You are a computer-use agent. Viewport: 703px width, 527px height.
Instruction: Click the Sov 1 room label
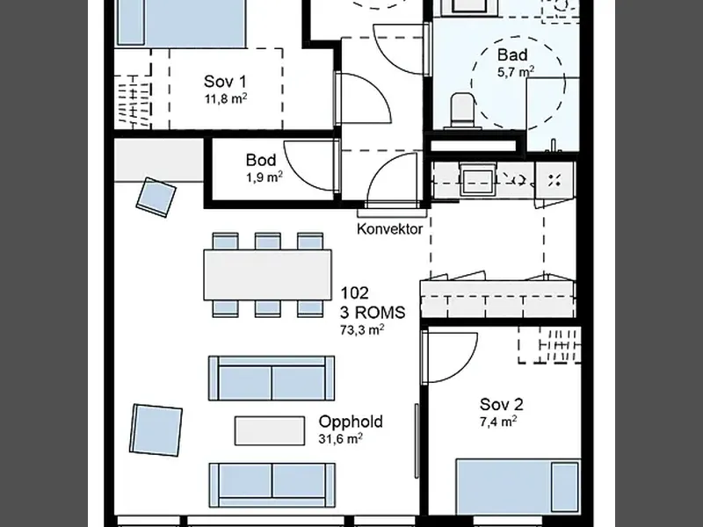click(x=225, y=82)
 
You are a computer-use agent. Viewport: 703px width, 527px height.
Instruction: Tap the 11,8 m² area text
click(x=226, y=98)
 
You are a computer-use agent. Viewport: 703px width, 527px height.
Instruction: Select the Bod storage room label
click(x=261, y=160)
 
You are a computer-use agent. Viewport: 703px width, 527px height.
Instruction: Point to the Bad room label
click(x=512, y=55)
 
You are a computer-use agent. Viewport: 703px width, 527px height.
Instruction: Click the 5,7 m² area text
click(x=516, y=72)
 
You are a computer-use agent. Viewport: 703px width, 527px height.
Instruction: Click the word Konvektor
click(x=389, y=229)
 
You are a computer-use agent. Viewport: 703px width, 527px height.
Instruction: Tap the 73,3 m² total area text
click(x=362, y=330)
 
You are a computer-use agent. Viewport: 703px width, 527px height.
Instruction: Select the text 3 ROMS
click(x=373, y=313)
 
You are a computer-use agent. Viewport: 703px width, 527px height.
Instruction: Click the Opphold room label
click(x=351, y=422)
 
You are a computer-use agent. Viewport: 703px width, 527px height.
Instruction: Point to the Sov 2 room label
click(x=501, y=405)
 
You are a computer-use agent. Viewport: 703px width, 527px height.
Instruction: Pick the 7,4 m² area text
click(x=498, y=422)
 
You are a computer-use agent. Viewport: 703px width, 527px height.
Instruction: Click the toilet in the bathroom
click(x=463, y=111)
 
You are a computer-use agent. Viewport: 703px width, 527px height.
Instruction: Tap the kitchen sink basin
click(x=477, y=180)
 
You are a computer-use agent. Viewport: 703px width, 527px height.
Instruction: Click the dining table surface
click(x=268, y=275)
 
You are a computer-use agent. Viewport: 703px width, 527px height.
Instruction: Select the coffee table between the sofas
click(x=270, y=430)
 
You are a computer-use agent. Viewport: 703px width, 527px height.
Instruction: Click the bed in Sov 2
click(x=518, y=486)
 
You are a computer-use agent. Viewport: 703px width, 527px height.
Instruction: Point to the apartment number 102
click(x=355, y=293)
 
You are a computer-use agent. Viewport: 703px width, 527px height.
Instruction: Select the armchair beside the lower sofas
click(x=156, y=430)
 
